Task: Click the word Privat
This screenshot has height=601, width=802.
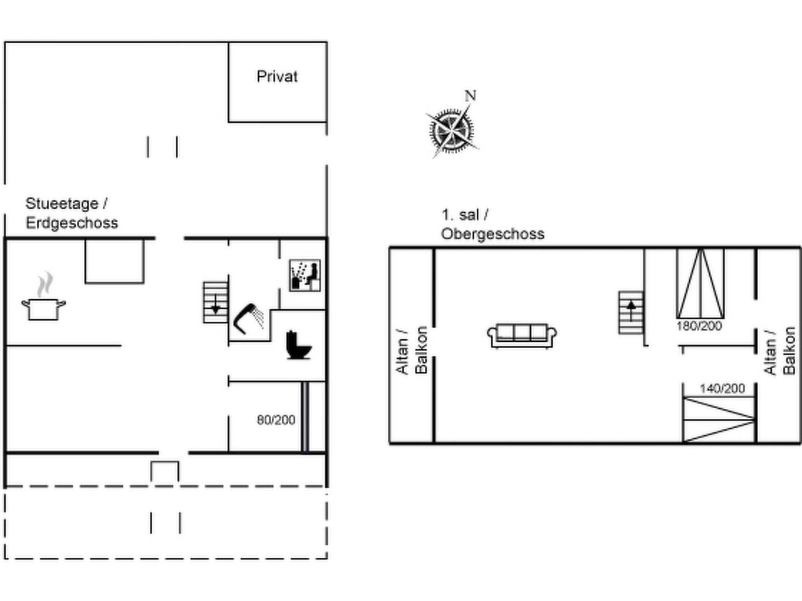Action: (x=277, y=76)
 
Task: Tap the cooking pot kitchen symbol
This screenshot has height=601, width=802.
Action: (x=43, y=297)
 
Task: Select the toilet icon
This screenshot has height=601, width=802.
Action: (x=298, y=345)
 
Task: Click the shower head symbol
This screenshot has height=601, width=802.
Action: (x=249, y=319)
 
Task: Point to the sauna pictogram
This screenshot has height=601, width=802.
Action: (x=305, y=275)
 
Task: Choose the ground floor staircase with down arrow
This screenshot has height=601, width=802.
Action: (x=216, y=302)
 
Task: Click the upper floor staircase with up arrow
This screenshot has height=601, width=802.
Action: (x=631, y=312)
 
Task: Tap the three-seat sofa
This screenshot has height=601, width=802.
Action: (x=522, y=336)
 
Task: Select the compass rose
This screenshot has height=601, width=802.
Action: (x=452, y=130)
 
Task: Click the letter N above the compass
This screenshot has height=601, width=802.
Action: (x=471, y=96)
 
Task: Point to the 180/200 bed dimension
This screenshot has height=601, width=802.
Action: (x=699, y=326)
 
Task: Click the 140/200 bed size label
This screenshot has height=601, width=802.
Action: (x=722, y=389)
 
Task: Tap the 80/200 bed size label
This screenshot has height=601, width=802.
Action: (x=276, y=420)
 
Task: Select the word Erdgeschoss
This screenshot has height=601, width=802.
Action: (x=72, y=223)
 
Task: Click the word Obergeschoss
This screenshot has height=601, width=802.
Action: (x=492, y=234)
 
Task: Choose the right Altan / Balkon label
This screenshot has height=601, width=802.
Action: (x=779, y=351)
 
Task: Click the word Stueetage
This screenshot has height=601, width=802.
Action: (x=62, y=203)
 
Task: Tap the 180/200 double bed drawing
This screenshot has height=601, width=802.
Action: (x=700, y=284)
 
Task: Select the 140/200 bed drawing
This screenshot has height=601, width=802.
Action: (x=719, y=419)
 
